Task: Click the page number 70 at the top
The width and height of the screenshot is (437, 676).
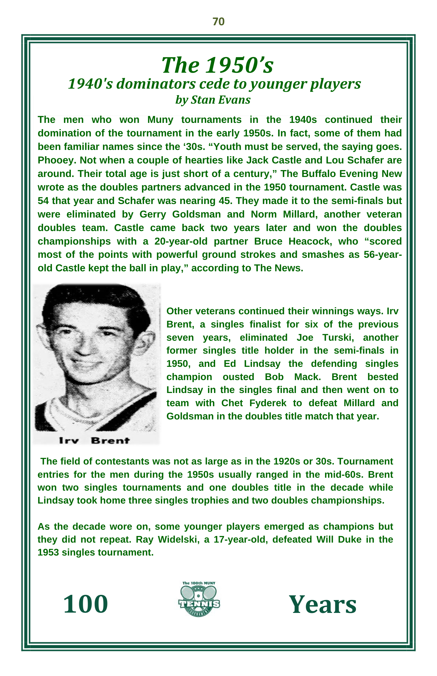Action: [x=218, y=22]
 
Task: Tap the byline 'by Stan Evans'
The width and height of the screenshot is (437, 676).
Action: [x=213, y=100]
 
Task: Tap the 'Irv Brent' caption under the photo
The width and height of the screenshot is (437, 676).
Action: [x=94, y=441]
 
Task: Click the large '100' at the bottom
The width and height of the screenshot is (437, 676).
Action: [x=86, y=604]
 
